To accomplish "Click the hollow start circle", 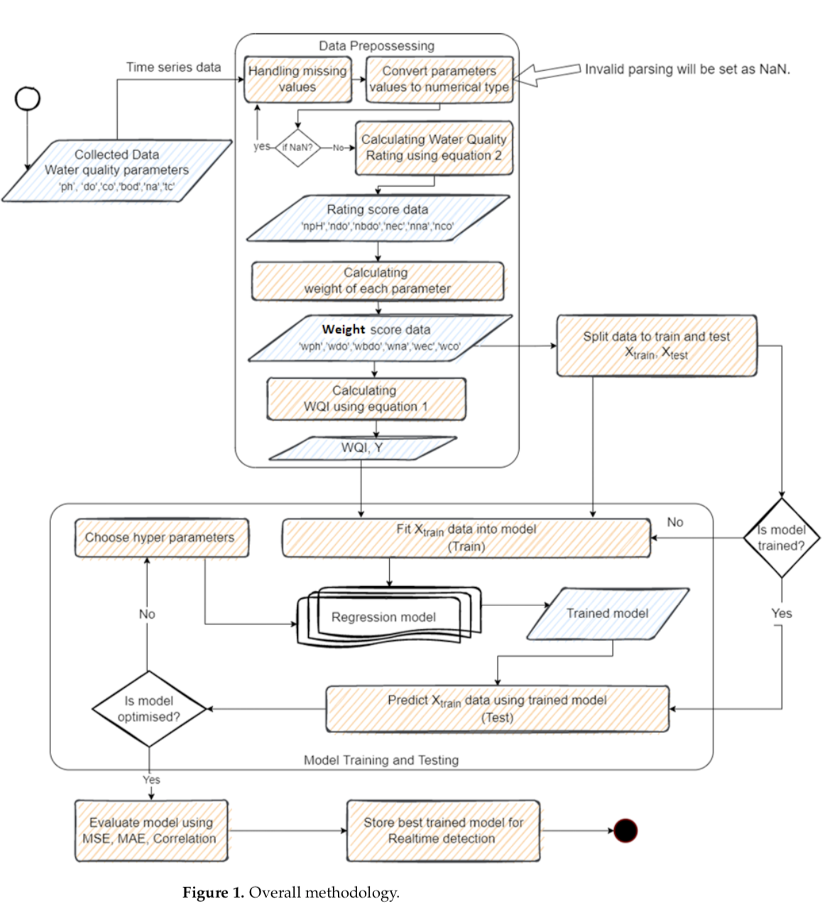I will pos(28,99).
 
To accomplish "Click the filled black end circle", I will pos(625,830).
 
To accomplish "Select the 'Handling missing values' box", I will pos(297,79).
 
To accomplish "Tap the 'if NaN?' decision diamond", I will pos(298,148).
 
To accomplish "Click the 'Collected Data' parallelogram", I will pos(117,170).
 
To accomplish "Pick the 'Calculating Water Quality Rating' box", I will pos(434,148).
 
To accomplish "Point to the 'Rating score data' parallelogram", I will pos(378,218).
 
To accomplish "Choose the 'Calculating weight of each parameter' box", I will pos(378,281).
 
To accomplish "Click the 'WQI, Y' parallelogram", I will pos(362,448).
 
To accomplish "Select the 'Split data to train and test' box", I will pos(656,346).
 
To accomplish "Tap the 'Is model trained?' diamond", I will pos(781,538).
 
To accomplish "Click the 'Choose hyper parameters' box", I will pos(161,538).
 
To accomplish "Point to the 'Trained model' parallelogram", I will pos(608,613).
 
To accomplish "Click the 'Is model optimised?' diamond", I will pos(149,709).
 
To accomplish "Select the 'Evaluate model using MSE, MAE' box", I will pos(151,830).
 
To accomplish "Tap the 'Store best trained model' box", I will pos(443,830).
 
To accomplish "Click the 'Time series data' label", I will pos(173,67).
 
